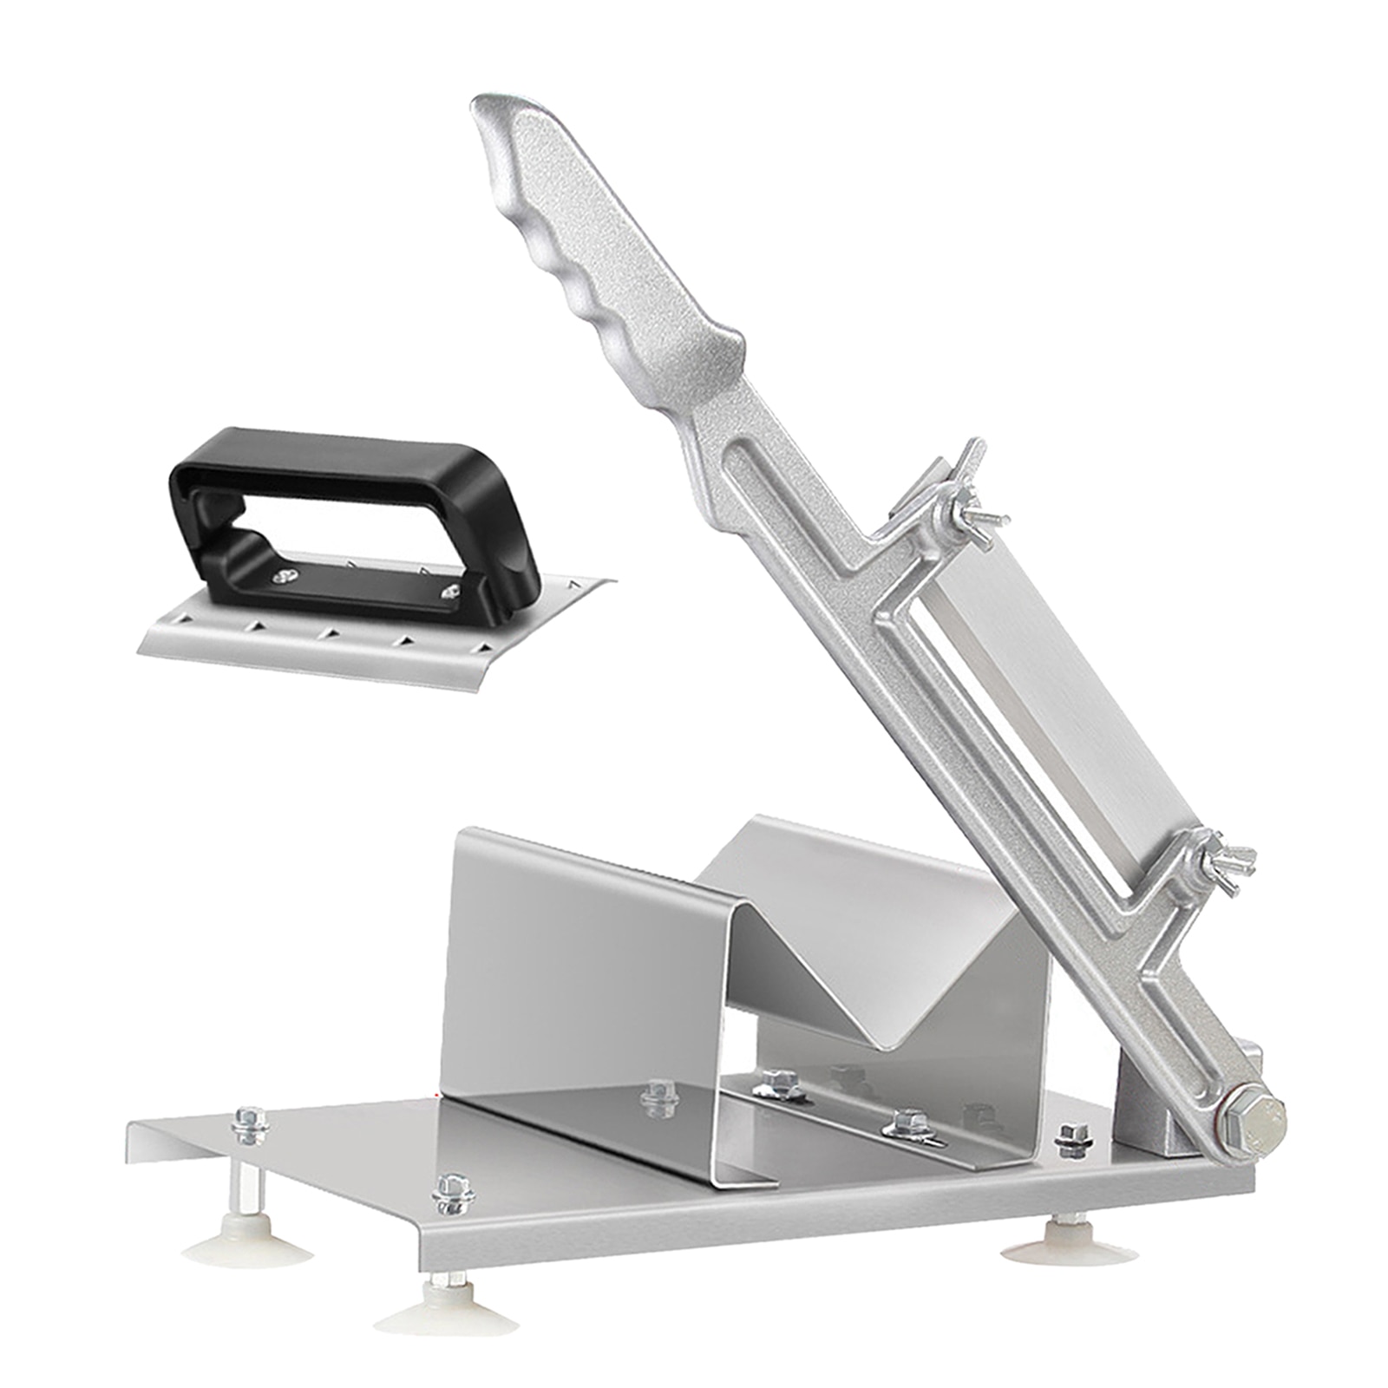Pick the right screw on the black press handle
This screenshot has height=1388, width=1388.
(451, 590)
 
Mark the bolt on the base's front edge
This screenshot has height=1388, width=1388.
(454, 1193)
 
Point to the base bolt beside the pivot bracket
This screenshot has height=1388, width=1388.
(1073, 1139)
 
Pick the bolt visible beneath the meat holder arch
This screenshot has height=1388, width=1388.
(659, 1097)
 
